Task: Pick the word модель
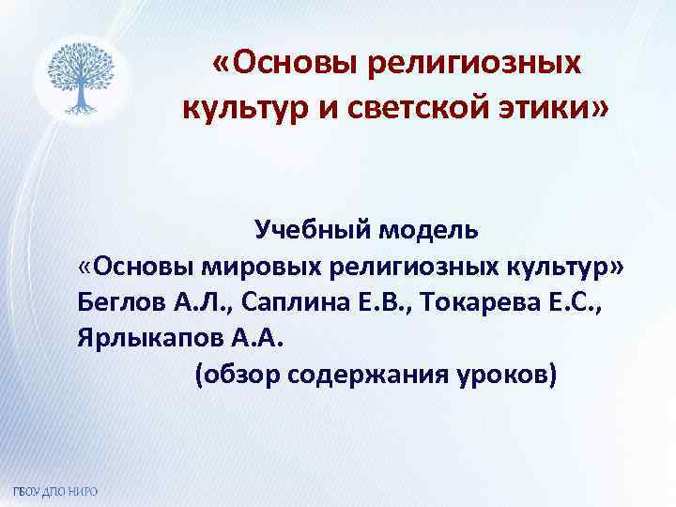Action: pos(429,230)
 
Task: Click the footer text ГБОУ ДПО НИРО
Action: pos(55,493)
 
